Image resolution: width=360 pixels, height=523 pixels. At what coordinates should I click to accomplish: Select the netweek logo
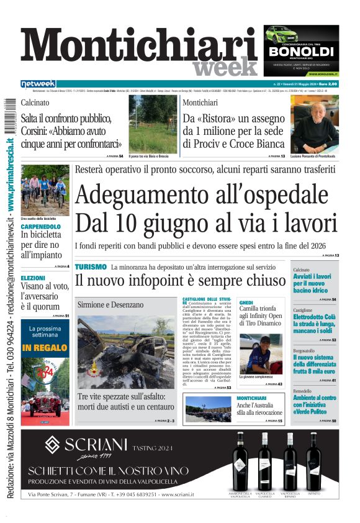coord(38,84)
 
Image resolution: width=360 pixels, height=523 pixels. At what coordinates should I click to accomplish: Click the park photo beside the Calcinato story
coord(153,124)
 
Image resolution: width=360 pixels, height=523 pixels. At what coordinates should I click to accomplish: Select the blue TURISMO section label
coord(91,266)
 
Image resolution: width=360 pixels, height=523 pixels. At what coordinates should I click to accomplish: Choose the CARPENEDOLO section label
coord(41,227)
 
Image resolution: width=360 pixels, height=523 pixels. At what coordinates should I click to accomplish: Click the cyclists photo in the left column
coord(45,189)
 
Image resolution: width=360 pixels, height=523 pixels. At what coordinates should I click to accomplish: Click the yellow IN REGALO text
coord(45,348)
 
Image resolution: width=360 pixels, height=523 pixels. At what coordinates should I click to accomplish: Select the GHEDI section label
coord(246,302)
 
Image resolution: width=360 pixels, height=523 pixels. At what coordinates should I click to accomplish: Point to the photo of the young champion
coord(261,353)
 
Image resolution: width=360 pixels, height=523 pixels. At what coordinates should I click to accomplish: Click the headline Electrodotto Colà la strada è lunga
coord(315,324)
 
